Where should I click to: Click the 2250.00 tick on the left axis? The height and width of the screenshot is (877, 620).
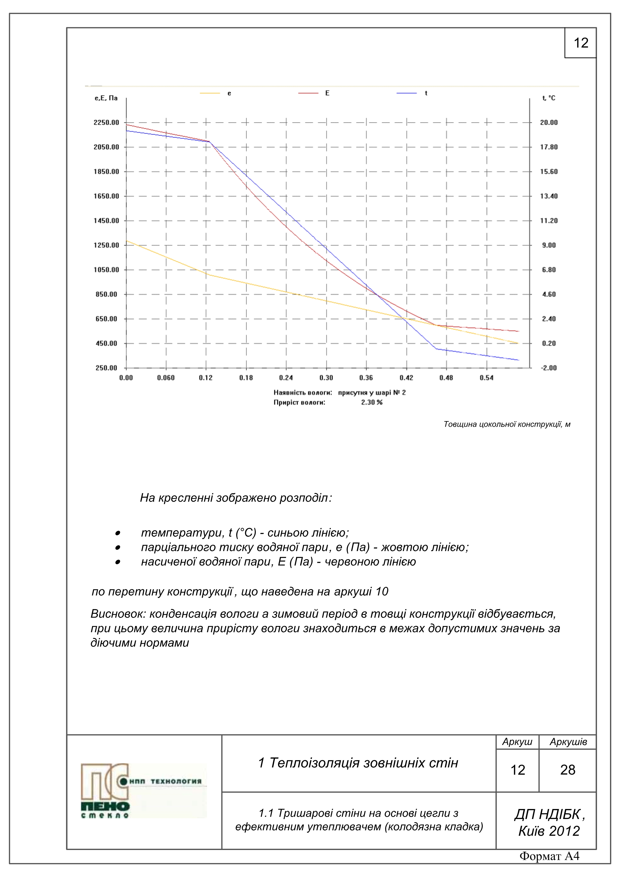pyautogui.click(x=106, y=122)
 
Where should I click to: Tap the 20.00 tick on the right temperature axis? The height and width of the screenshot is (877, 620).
pyautogui.click(x=548, y=122)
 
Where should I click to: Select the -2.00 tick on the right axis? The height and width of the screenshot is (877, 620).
pyautogui.click(x=548, y=368)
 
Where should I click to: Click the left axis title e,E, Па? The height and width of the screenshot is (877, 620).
pyautogui.click(x=106, y=98)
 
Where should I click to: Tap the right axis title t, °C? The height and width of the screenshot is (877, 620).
pyautogui.click(x=548, y=98)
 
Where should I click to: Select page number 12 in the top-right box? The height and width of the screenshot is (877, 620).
pyautogui.click(x=581, y=43)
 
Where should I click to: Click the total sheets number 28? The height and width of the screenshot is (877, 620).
pyautogui.click(x=568, y=770)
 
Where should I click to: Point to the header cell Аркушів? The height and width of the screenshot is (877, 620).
pyautogui.click(x=568, y=742)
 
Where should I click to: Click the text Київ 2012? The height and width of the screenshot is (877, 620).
pyautogui.click(x=549, y=831)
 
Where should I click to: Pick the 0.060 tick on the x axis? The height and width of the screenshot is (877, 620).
pyautogui.click(x=166, y=378)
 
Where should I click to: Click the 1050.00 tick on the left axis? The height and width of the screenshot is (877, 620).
pyautogui.click(x=106, y=270)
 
